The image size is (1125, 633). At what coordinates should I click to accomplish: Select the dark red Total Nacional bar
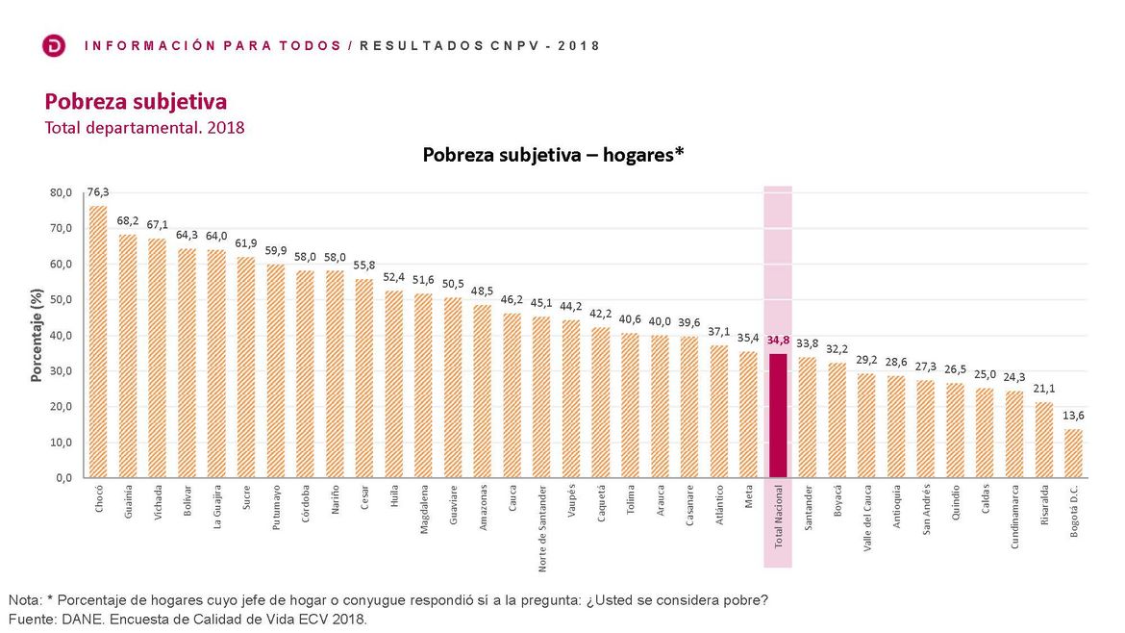[x=778, y=415]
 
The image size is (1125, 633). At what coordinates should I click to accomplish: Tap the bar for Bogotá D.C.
[x=1074, y=452]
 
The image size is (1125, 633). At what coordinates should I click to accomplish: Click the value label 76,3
[x=98, y=192]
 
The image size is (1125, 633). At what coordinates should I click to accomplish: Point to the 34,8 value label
[x=778, y=341]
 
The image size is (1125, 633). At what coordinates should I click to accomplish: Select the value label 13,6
[x=1074, y=416]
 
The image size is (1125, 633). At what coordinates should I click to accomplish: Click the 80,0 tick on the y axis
[x=61, y=192]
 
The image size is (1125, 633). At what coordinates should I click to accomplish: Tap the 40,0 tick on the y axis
[x=61, y=335]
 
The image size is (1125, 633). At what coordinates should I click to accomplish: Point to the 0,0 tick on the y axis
[x=63, y=477]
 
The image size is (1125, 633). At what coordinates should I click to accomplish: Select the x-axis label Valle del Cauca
[x=867, y=519]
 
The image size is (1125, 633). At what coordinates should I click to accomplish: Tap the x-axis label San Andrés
[x=926, y=509]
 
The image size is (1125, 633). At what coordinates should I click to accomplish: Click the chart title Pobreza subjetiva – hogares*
[x=553, y=154]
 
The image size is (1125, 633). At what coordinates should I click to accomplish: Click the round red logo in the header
[x=55, y=45]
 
